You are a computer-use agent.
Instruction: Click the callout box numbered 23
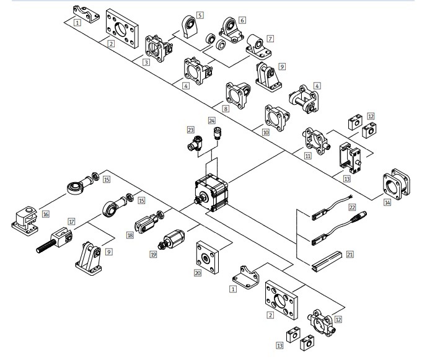click(190, 130)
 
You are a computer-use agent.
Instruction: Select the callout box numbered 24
click(212, 121)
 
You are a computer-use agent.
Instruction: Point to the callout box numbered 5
click(200, 15)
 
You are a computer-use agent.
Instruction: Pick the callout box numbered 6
click(242, 20)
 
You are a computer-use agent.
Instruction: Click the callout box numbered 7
click(270, 38)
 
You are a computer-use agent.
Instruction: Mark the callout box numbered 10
click(266, 132)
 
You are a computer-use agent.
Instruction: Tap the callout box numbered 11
click(308, 156)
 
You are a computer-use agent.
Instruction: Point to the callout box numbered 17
click(71, 221)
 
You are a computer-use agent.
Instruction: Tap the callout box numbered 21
click(350, 254)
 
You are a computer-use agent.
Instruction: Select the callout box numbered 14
click(387, 202)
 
